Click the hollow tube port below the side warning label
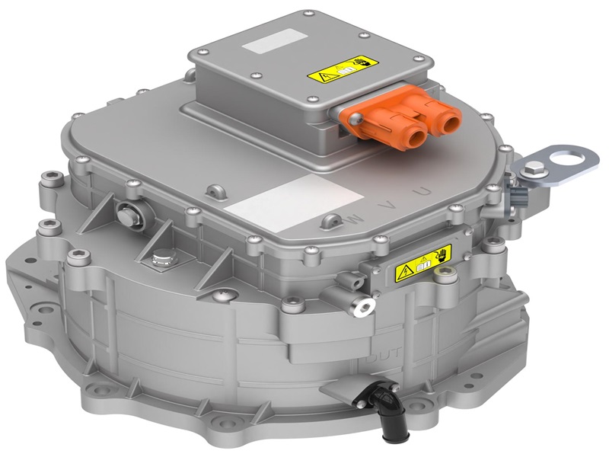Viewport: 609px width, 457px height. tap(362, 305)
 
